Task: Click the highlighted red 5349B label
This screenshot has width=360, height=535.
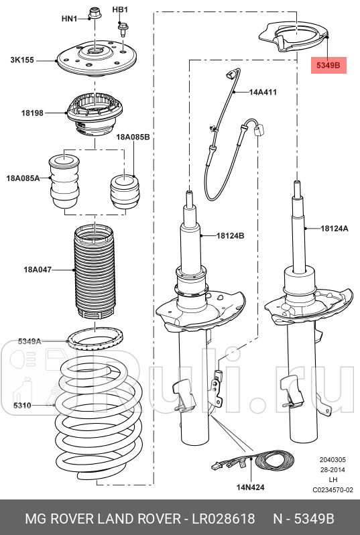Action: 328,65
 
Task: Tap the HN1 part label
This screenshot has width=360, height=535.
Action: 69,19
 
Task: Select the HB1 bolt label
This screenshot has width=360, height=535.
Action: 120,9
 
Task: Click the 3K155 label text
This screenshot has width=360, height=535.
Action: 23,60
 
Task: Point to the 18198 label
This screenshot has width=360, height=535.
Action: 32,113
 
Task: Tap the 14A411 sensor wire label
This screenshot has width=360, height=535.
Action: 263,91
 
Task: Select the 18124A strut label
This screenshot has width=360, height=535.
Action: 334,229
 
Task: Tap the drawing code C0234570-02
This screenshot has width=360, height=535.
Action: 333,490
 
